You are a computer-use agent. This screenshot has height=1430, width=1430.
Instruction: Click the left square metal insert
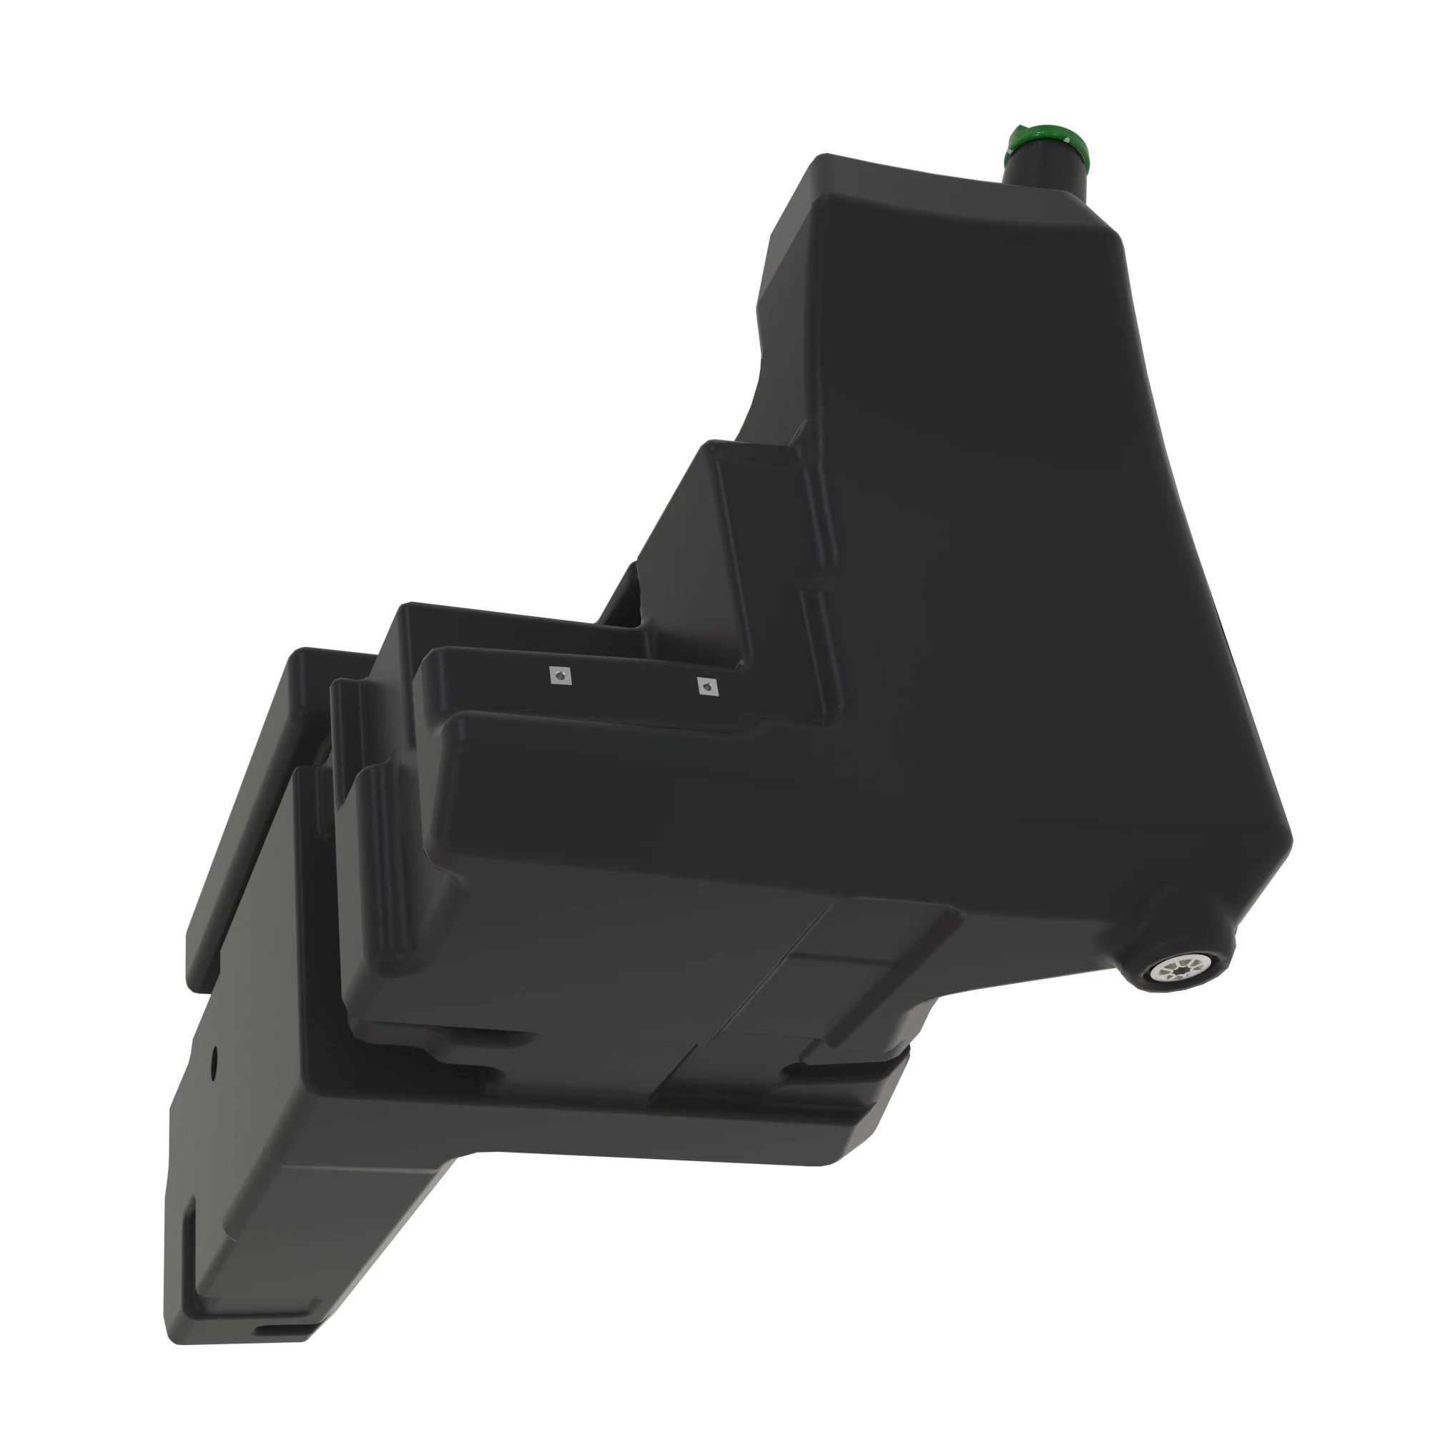coord(561,675)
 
